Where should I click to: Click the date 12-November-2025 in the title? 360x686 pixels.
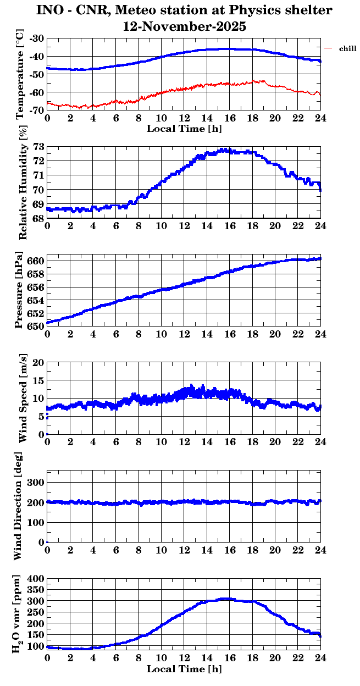[184, 26]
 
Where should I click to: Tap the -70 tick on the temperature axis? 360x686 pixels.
[37, 110]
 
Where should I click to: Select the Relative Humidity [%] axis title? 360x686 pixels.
[23, 182]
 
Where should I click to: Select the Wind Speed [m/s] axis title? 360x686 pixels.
[23, 398]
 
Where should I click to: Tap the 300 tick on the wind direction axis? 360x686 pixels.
[36, 482]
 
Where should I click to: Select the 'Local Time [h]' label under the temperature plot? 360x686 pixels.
[184, 129]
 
